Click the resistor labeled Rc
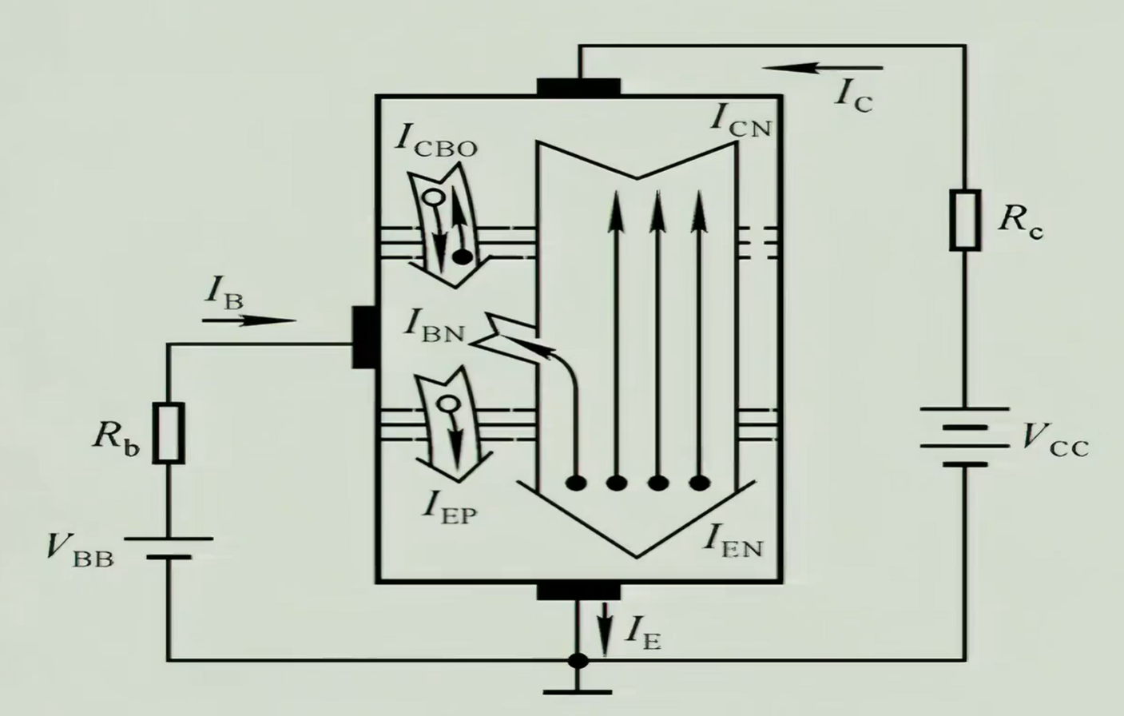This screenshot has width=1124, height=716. [x=964, y=220]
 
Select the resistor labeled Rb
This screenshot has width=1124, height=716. [x=169, y=433]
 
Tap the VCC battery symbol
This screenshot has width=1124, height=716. [x=963, y=436]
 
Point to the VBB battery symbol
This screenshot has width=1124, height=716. [x=169, y=547]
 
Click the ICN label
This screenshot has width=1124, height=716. [x=741, y=121]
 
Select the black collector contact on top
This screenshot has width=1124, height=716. [x=578, y=86]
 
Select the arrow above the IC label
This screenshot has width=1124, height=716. [x=824, y=69]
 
